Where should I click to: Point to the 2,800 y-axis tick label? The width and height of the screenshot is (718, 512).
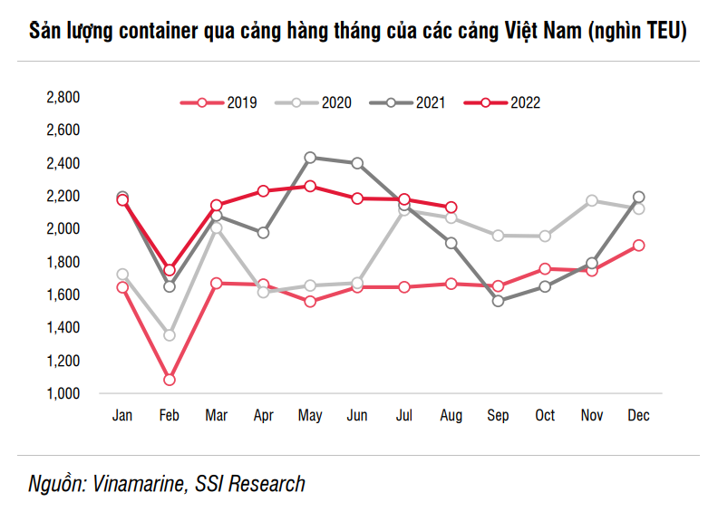tap(63, 97)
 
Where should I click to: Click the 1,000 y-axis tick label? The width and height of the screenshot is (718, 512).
tap(63, 393)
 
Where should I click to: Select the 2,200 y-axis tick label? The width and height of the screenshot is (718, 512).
tap(63, 196)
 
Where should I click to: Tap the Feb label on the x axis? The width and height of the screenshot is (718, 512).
tap(169, 415)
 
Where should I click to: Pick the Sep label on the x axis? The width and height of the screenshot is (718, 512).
tap(498, 415)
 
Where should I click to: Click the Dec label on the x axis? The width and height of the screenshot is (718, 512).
tap(638, 415)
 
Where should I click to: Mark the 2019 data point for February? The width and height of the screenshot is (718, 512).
tap(169, 380)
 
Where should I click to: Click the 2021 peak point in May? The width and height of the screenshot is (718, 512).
tap(310, 158)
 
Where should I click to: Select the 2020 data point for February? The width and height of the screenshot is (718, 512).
tap(169, 335)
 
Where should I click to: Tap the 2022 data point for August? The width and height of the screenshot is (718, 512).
tap(451, 208)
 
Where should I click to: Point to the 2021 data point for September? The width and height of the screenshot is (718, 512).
tap(498, 301)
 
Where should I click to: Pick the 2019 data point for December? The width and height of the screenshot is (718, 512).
tap(638, 245)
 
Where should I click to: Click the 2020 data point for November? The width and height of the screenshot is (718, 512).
tap(591, 200)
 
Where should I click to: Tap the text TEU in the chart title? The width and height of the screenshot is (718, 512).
tap(658, 33)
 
